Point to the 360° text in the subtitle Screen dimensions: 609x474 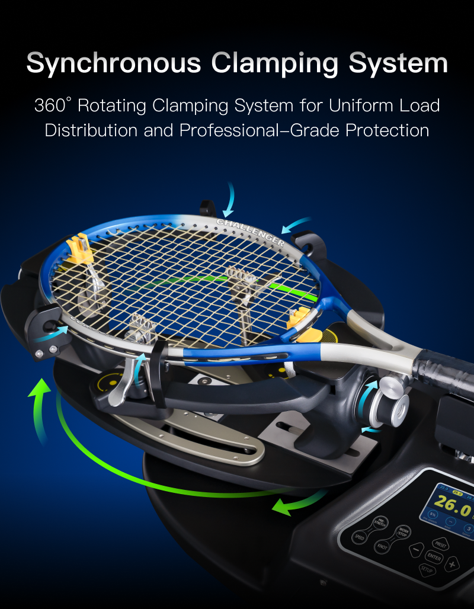coord(52,106)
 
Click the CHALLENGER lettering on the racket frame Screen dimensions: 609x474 coord(250,232)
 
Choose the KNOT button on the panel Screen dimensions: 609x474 coord(382,546)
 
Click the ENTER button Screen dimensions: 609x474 coord(434,557)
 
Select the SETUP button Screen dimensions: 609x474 coord(427,570)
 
